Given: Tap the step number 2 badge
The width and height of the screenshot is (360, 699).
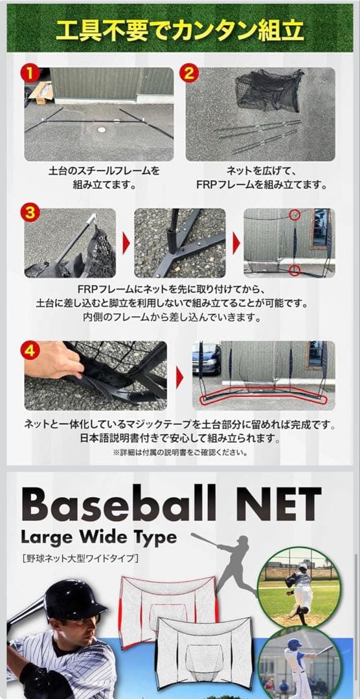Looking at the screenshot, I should [188, 72].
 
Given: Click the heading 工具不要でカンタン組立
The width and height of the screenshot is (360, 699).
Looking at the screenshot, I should [179, 30].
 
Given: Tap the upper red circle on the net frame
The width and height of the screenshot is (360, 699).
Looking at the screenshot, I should [295, 214].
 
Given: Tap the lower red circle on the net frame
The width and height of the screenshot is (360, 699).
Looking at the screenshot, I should [295, 269].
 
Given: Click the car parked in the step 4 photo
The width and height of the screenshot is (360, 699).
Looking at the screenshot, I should [207, 359].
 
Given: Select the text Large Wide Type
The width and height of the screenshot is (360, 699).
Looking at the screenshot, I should [98, 537].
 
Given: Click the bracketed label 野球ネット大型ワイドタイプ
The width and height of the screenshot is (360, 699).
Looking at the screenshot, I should [79, 557].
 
